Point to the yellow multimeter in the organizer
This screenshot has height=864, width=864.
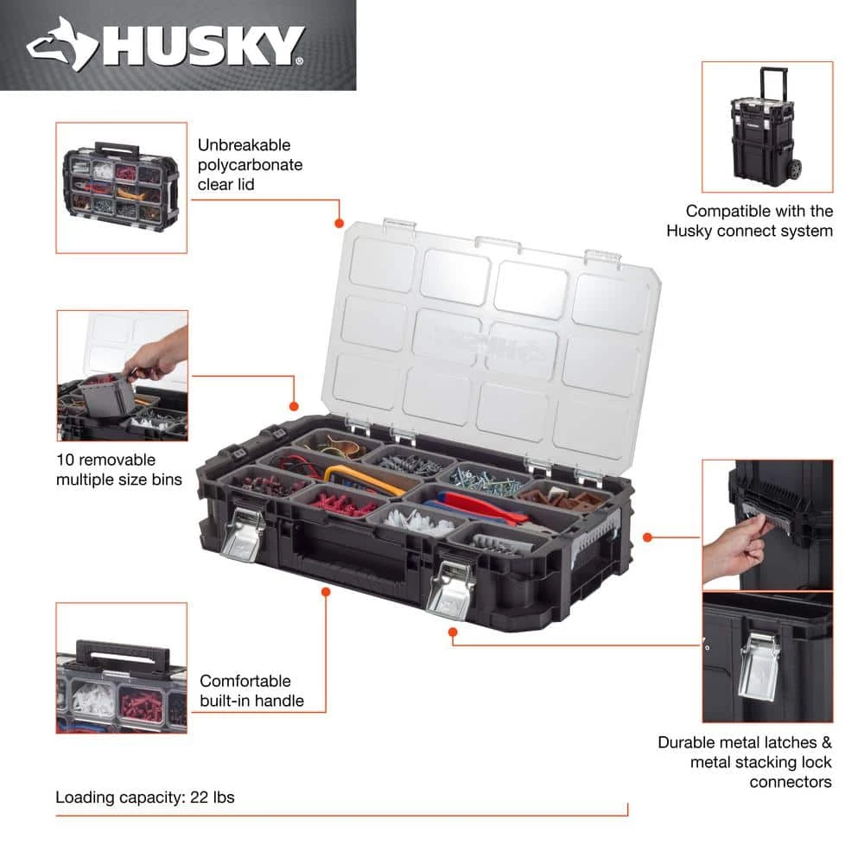click(363, 478)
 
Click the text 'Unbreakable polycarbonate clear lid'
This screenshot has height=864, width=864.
click(250, 164)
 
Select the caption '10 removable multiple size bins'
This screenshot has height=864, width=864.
click(119, 469)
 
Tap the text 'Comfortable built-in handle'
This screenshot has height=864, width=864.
click(251, 690)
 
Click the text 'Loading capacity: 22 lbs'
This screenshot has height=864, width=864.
click(145, 797)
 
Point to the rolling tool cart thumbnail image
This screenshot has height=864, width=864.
click(766, 127)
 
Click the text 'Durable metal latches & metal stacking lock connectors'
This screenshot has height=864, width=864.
click(744, 761)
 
